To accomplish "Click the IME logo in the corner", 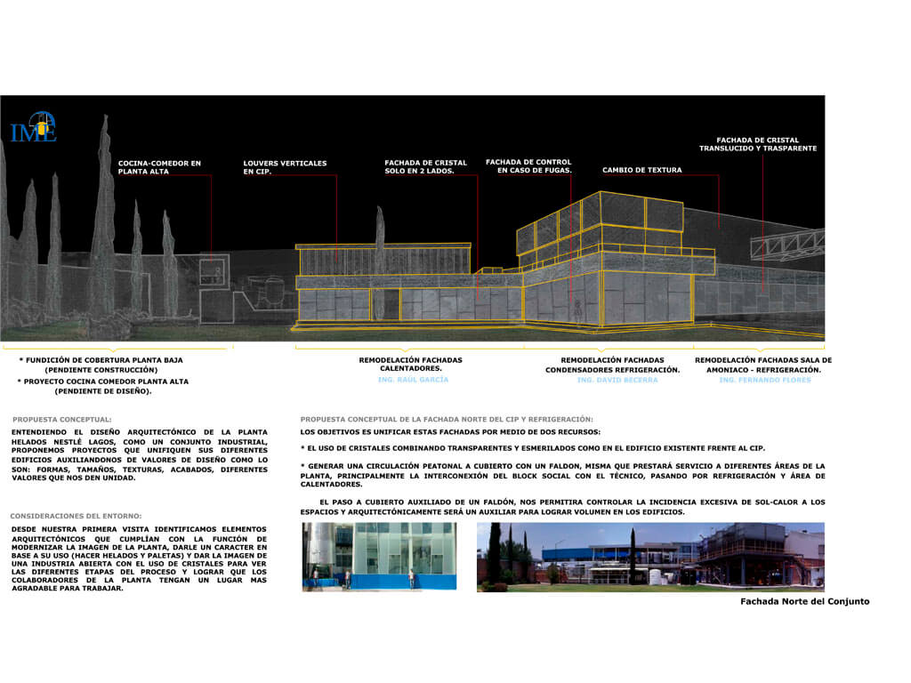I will [x=34, y=127].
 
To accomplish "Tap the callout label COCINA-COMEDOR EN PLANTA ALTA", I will [x=159, y=167].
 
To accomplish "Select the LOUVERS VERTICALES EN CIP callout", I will [x=285, y=167].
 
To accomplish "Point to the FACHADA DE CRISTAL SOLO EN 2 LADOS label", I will [x=425, y=167].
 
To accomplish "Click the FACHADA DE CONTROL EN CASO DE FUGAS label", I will [x=528, y=166].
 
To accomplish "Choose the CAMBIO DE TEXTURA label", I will [x=641, y=170].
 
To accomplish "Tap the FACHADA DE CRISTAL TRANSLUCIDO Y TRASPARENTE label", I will [x=757, y=144].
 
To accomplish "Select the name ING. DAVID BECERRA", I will [x=617, y=380].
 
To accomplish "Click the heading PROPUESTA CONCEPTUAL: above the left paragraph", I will [x=62, y=419].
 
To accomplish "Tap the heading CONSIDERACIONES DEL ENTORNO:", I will [x=76, y=516].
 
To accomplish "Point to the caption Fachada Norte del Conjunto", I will [x=804, y=602].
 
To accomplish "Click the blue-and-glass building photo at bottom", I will [x=379, y=557].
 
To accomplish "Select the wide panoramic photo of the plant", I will [x=650, y=557].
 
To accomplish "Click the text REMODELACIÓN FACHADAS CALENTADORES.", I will [x=410, y=365].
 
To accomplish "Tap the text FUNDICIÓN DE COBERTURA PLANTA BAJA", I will [x=101, y=360].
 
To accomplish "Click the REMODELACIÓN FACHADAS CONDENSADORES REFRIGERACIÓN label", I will [x=612, y=365].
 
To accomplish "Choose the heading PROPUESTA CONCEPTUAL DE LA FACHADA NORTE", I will [x=447, y=419].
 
